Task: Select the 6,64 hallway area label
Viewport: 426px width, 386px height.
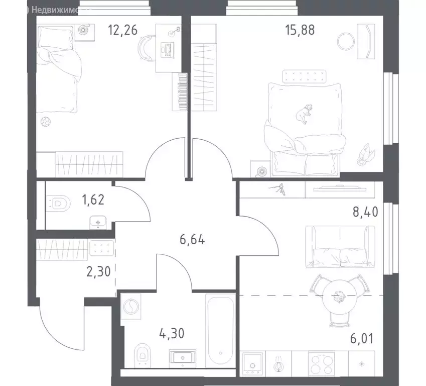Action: (193, 237)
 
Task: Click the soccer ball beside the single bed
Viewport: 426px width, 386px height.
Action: (46, 122)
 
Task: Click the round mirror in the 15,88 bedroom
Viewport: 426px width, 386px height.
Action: (346, 40)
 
